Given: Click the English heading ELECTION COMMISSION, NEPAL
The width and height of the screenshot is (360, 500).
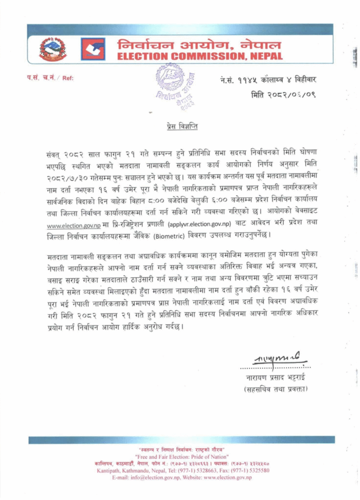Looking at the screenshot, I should click(200, 57).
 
